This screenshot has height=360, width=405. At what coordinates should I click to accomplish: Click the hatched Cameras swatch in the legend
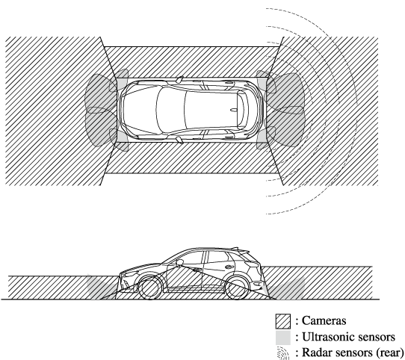click(x=283, y=321)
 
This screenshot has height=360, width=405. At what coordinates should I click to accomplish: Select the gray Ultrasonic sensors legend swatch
click(x=283, y=338)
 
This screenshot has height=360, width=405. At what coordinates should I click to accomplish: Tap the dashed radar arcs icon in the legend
click(x=283, y=353)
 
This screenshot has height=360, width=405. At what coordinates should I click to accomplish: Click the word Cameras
click(x=324, y=320)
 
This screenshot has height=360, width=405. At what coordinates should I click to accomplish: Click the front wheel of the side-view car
click(x=149, y=287)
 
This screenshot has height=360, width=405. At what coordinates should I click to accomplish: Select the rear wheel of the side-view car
click(x=237, y=287)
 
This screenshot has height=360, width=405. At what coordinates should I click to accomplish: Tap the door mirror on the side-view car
click(x=179, y=262)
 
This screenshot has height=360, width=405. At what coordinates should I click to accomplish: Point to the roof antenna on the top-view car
click(x=234, y=110)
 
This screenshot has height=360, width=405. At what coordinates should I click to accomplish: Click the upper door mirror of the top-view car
click(x=179, y=79)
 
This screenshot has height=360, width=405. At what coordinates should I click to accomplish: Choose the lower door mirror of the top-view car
click(x=180, y=140)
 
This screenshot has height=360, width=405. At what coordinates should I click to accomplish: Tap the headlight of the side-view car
click(x=129, y=272)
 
